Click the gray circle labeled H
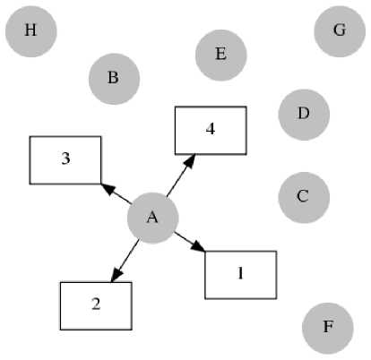(x=31, y=31)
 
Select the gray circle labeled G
(x=340, y=31)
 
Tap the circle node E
(x=221, y=56)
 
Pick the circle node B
(x=114, y=79)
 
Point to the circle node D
(x=304, y=115)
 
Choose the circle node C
(x=304, y=198)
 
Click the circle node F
(x=328, y=329)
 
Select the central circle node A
(x=153, y=219)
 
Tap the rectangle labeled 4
(x=211, y=131)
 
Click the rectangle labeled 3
(x=65, y=160)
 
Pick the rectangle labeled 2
(x=96, y=306)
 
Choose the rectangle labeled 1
(x=241, y=275)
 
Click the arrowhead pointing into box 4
(x=190, y=161)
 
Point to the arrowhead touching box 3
(x=108, y=189)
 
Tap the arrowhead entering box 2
(x=116, y=274)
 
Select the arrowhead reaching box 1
(x=198, y=246)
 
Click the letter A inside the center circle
(x=152, y=217)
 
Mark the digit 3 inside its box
(x=65, y=159)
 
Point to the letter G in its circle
(x=340, y=30)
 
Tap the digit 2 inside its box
(x=96, y=304)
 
